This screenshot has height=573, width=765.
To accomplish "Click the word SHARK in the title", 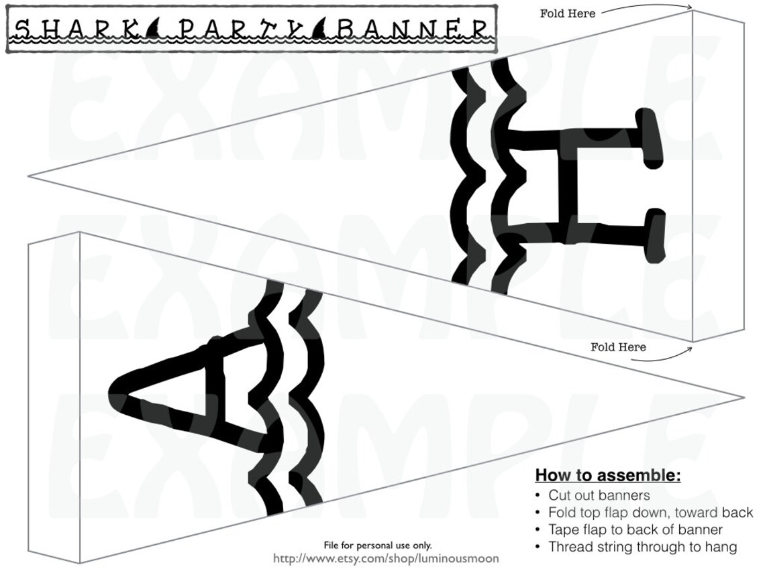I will pos(76,29).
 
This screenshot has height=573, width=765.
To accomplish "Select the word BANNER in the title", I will pos(413,29).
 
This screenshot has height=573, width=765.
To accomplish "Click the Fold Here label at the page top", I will pos(567,13).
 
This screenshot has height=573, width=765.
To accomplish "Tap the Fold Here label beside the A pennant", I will pos(618,347).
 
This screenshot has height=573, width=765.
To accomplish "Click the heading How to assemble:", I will pos(607,476).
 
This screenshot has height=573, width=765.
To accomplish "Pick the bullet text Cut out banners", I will pos(599,495).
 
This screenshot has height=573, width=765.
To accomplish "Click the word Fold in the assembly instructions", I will pos(562,513).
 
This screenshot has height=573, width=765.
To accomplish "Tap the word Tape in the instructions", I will pos(563,529).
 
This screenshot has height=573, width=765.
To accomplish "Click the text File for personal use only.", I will pos(378,546).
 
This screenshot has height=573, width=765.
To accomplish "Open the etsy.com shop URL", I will pos(386,558).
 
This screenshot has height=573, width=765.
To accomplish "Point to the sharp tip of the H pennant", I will pos(30,176).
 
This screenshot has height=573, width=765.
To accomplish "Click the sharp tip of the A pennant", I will pos(744,398).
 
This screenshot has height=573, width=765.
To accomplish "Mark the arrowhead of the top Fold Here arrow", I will pos(691,7).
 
